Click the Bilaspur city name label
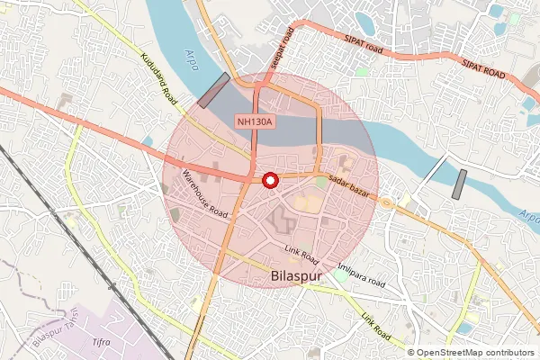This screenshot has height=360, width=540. click(x=296, y=276)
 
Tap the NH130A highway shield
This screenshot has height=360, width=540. click(x=256, y=121)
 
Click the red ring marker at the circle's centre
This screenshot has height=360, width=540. click(x=268, y=180)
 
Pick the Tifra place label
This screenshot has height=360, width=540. click(x=101, y=343)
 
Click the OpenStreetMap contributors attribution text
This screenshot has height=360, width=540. click(x=472, y=353)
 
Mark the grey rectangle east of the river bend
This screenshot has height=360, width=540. click(x=458, y=184)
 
